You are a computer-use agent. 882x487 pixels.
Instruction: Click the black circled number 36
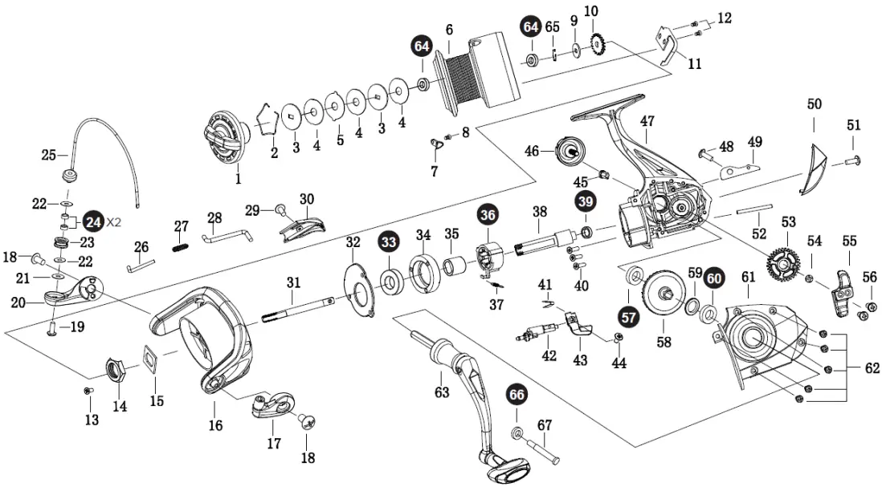[488, 214]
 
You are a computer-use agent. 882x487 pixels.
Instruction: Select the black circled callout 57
[629, 317]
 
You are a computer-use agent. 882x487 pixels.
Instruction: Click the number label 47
[647, 121]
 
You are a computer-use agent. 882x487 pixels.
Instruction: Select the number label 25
[49, 154]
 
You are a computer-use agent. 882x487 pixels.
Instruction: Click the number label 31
[293, 282]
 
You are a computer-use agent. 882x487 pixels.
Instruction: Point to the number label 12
[725, 18]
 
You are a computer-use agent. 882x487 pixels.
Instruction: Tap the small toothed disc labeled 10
[596, 44]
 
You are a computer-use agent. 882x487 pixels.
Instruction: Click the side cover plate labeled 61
[760, 337]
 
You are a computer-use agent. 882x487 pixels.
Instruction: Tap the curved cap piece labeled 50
[813, 168]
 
